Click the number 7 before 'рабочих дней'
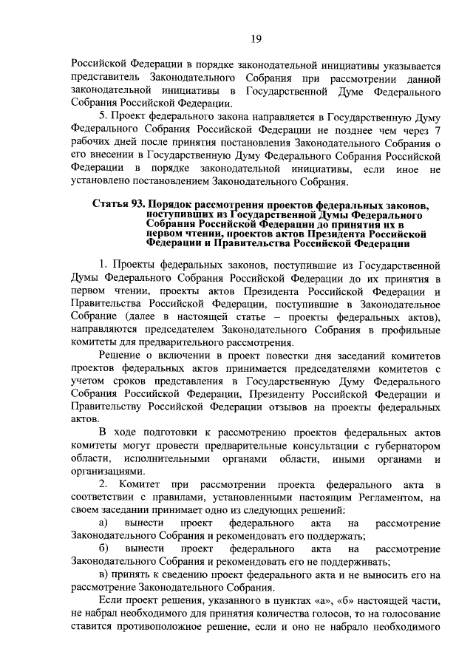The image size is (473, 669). click(x=438, y=130)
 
